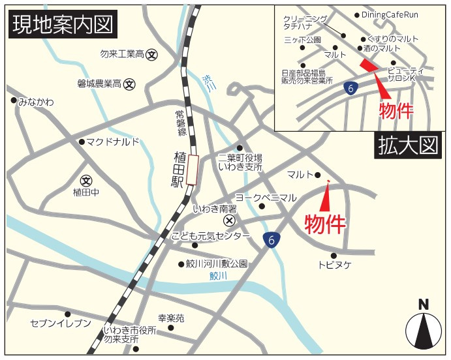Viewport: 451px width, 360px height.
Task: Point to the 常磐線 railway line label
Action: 180,123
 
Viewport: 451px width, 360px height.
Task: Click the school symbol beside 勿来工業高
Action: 152,55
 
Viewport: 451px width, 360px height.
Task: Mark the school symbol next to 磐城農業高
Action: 130,83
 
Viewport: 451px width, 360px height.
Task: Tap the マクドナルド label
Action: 113,142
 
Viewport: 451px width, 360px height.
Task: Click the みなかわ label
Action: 36,102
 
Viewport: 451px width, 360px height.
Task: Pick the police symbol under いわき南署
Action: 228,221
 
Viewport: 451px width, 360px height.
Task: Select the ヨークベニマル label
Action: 266,197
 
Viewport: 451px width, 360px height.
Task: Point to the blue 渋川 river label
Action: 208,83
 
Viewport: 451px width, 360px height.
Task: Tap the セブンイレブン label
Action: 60,323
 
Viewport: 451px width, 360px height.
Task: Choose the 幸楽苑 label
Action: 171,318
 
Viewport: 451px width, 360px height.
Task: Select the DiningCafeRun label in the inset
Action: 390,14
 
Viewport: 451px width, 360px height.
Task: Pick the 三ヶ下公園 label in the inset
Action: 302,40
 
